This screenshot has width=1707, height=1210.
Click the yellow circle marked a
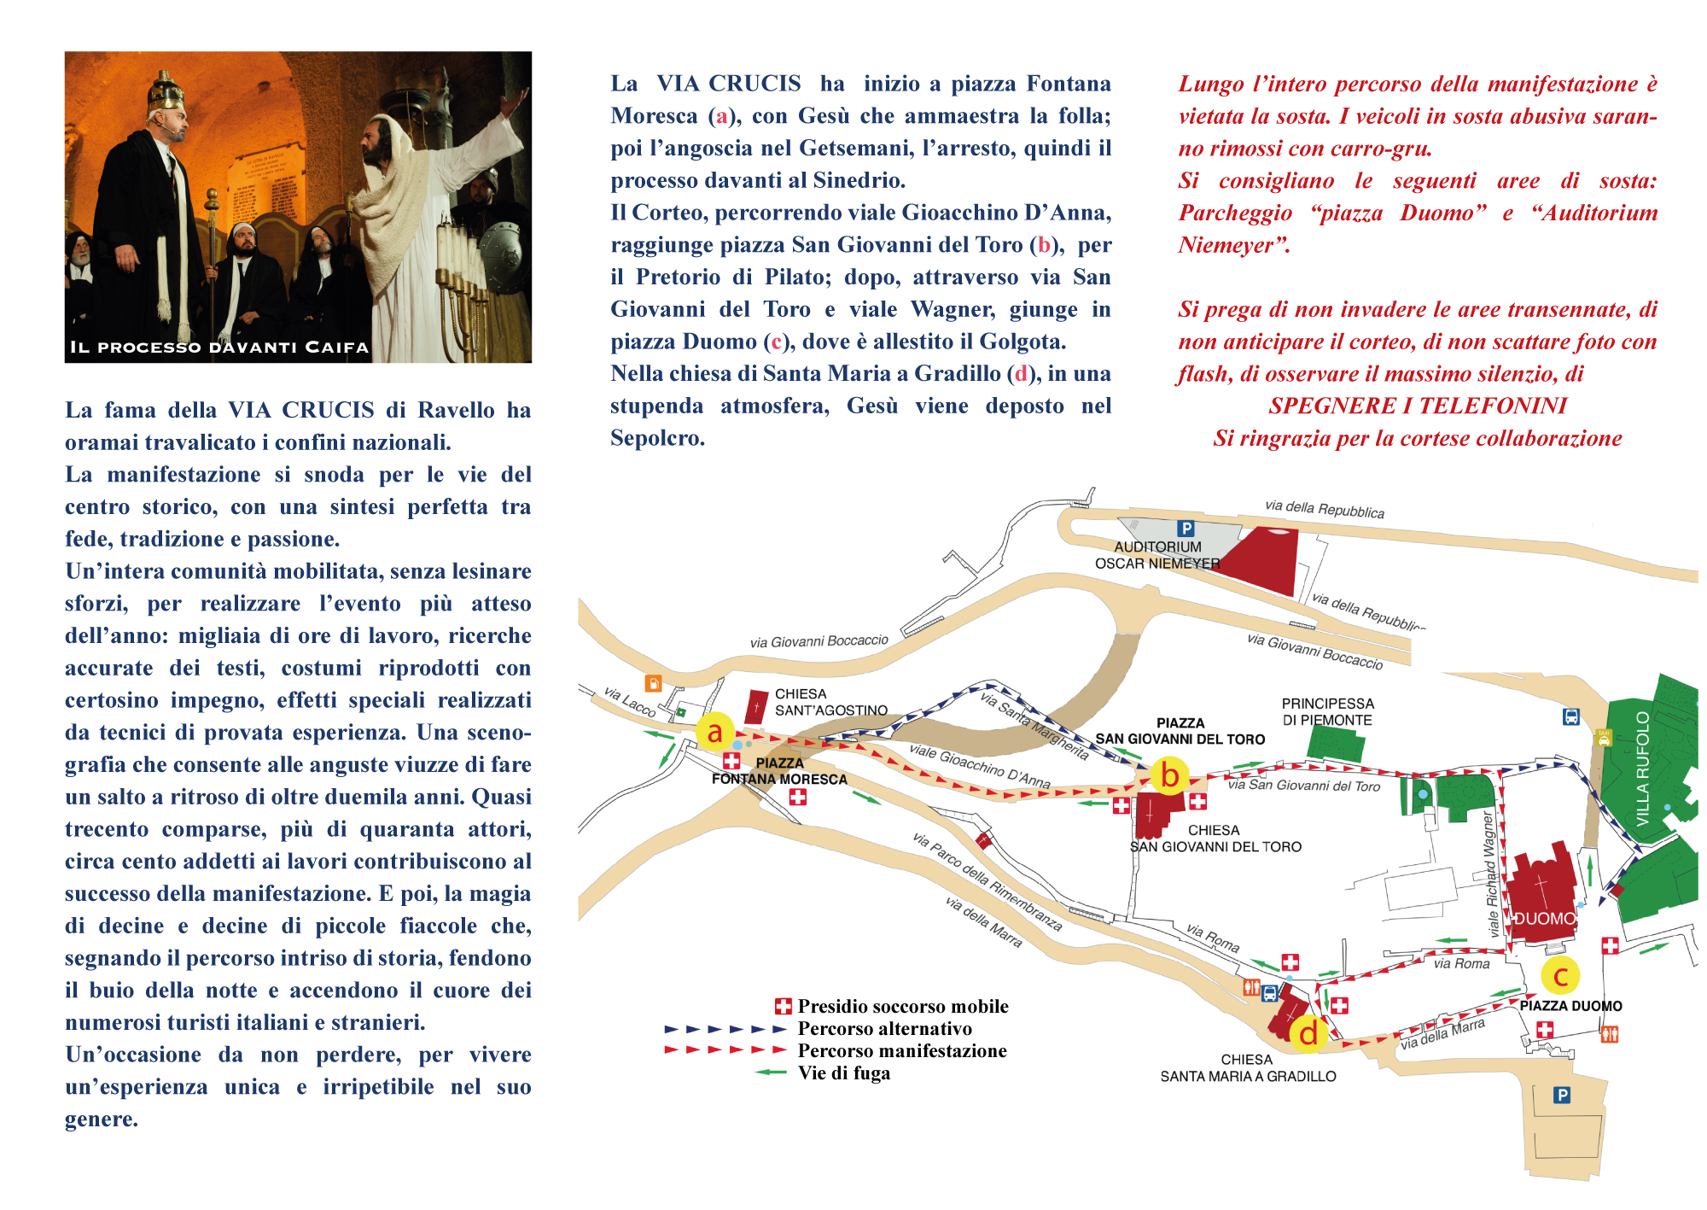(714, 731)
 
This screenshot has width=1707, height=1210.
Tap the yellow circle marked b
(1169, 775)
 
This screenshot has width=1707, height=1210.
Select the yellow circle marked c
(1560, 975)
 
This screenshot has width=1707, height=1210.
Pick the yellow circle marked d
(1308, 1033)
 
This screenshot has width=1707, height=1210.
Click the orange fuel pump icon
(653, 683)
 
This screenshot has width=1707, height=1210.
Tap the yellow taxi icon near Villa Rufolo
(1604, 738)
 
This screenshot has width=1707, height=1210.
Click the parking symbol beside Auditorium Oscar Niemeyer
(1186, 529)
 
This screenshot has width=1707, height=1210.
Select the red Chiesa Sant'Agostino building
(756, 707)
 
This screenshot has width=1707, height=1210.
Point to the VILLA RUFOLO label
(1643, 769)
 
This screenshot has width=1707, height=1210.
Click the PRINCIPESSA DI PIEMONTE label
(1327, 711)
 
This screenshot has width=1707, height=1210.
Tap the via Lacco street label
(629, 701)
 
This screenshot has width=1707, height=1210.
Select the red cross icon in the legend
(783, 1007)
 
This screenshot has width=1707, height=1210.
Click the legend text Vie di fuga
(843, 1073)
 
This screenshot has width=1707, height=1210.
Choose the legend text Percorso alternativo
(884, 1029)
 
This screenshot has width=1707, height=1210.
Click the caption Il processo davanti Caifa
(219, 348)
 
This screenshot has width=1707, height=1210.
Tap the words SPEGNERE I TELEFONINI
(1417, 406)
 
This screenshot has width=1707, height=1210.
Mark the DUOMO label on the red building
(1544, 919)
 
